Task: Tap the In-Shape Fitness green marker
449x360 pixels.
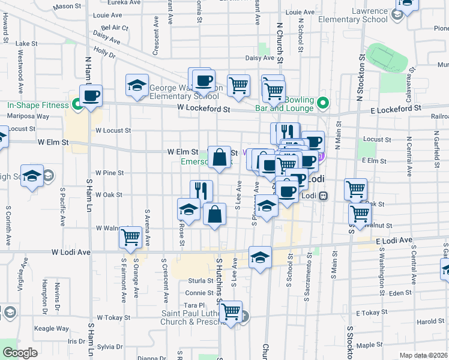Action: tap(77, 105)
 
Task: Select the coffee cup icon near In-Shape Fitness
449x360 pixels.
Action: tap(91, 96)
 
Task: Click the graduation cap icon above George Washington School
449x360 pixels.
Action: tap(137, 85)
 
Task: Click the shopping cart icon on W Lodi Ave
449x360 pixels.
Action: tap(130, 237)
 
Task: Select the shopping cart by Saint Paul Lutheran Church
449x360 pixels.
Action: tap(231, 311)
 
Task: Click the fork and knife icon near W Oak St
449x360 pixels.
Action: tap(202, 191)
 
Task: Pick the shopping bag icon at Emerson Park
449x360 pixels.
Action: tap(220, 157)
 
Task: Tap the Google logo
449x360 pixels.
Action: tap(20, 352)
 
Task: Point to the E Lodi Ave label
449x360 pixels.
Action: tap(394, 241)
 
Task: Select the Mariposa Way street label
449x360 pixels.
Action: tap(28, 116)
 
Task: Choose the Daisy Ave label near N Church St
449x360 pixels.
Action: tap(261, 58)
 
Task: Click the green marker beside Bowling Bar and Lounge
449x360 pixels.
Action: tap(322, 103)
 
